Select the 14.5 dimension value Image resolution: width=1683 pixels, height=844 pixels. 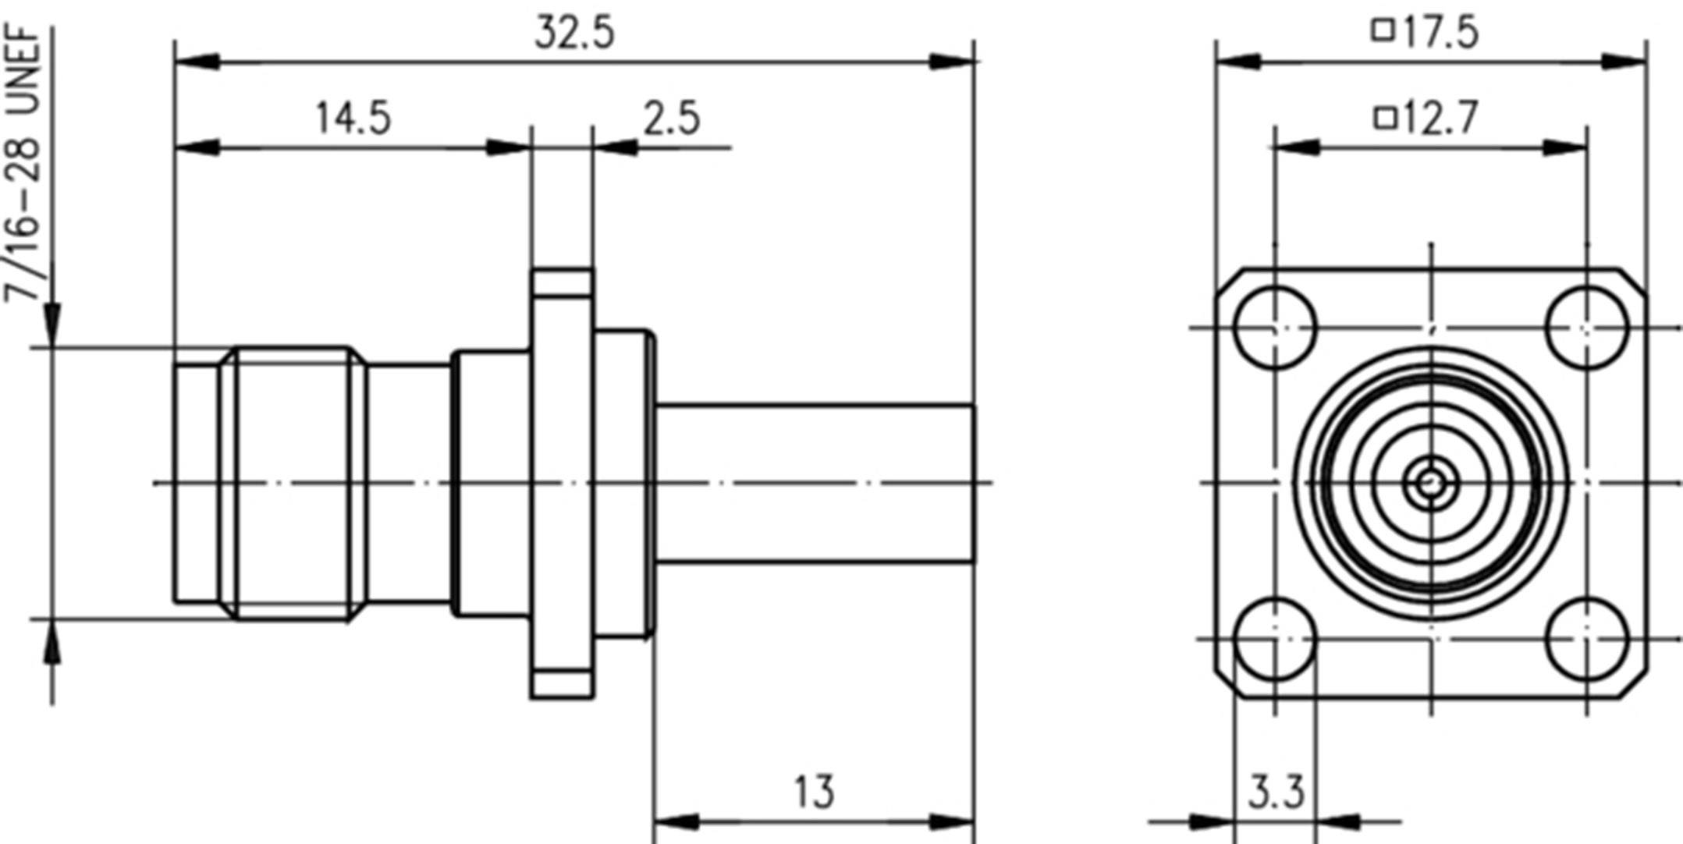[353, 119]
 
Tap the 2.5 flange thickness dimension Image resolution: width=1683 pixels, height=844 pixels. [671, 119]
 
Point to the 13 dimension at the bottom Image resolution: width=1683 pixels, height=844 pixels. [814, 792]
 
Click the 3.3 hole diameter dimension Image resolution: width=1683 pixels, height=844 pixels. [1276, 793]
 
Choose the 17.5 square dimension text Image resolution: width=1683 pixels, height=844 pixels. [1440, 34]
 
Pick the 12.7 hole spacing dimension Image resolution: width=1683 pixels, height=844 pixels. [1440, 119]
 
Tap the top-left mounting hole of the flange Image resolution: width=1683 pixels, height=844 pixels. [1275, 328]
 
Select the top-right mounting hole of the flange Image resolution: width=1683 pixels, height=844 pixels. [1586, 328]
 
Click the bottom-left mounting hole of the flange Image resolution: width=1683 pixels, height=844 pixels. [1275, 639]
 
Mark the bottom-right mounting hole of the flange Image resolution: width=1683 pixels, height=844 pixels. [1586, 639]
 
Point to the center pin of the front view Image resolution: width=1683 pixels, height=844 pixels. [1430, 484]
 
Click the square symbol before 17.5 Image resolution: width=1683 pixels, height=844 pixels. [1383, 31]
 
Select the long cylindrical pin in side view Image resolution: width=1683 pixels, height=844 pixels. [815, 483]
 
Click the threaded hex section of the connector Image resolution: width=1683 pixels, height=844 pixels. [293, 483]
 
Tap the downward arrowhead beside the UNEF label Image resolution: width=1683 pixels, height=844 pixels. [51, 324]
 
